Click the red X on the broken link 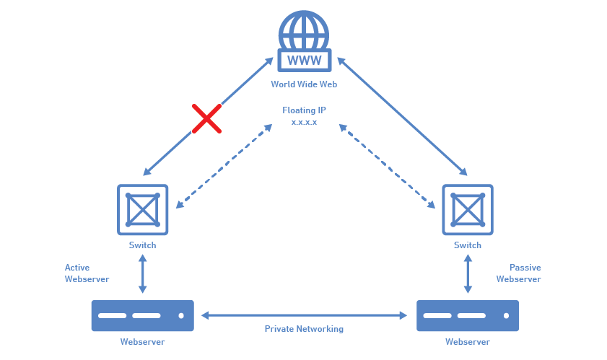[x=206, y=118]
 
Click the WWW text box [x=304, y=60]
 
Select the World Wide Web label [x=304, y=84]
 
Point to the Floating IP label [x=304, y=110]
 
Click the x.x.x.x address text [x=304, y=123]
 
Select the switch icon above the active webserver [x=142, y=209]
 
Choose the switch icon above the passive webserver [x=467, y=209]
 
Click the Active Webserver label [x=87, y=273]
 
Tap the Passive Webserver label [x=519, y=273]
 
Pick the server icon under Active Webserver [x=142, y=316]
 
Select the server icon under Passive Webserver [x=467, y=316]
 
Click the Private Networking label [x=304, y=329]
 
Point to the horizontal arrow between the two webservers [x=304, y=315]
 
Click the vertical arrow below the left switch [x=142, y=274]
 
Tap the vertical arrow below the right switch [x=467, y=274]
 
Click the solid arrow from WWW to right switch [x=401, y=116]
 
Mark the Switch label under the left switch [x=142, y=245]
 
